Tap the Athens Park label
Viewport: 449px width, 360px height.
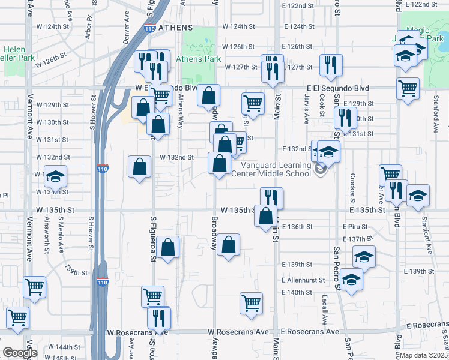tap(198, 59)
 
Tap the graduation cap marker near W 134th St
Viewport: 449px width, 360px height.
tap(56, 177)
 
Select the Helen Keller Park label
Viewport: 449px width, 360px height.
tap(14, 53)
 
